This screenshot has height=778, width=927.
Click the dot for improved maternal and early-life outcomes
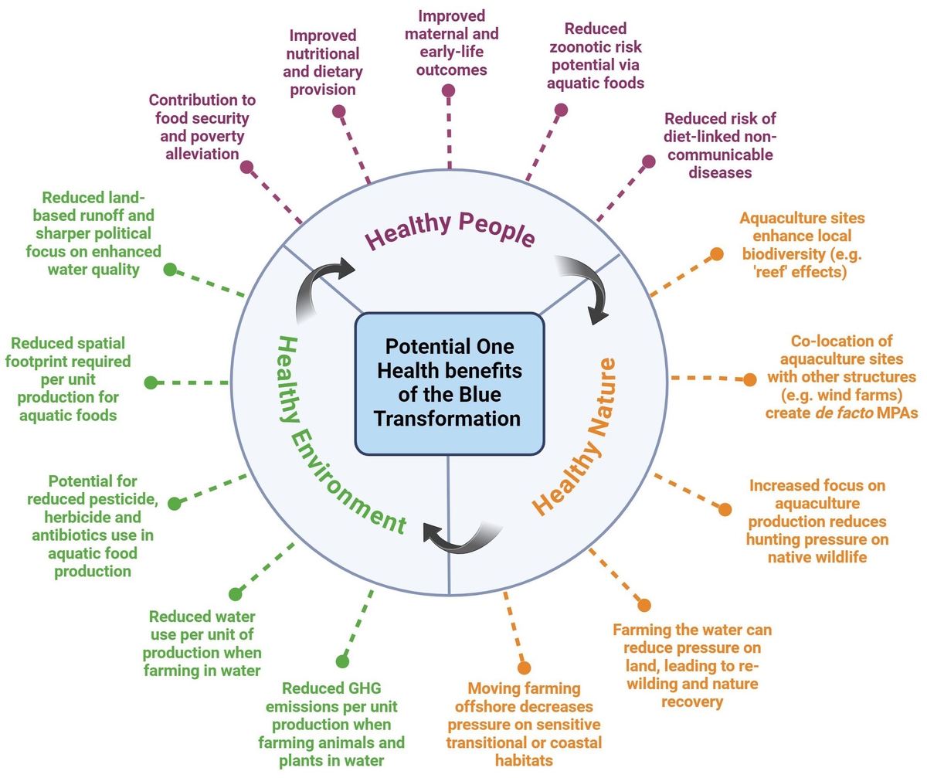(448, 90)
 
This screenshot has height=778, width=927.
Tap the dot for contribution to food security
(246, 167)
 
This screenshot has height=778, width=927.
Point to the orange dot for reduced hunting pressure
(725, 509)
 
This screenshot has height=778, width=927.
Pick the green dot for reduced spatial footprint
(151, 382)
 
